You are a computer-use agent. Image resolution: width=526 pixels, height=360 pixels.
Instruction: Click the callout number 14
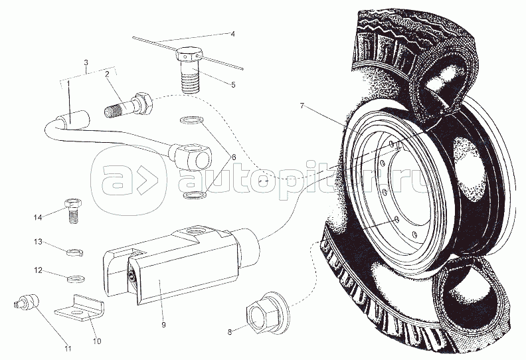(38, 217)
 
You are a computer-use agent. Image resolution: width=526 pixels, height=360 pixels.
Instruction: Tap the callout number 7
(302, 106)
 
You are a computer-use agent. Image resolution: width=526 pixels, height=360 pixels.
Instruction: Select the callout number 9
(163, 325)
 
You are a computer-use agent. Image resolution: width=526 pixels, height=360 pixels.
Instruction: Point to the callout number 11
(68, 349)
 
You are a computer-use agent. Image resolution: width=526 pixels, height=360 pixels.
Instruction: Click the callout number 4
(232, 34)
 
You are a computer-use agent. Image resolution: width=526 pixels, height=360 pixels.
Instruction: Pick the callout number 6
(233, 157)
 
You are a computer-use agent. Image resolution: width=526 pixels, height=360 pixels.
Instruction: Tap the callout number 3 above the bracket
(86, 62)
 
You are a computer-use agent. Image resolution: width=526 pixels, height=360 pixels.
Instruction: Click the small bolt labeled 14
(72, 211)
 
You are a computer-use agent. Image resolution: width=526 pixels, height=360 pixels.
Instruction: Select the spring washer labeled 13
(75, 252)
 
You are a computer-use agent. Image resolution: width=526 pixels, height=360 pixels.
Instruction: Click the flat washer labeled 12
(76, 279)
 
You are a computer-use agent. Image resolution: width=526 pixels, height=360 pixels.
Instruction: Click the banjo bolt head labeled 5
(189, 54)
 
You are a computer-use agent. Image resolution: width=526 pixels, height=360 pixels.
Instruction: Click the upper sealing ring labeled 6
(190, 120)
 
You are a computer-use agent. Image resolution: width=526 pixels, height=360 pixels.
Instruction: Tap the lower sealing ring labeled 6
(195, 195)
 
